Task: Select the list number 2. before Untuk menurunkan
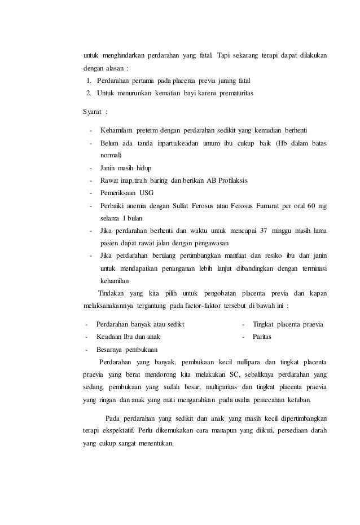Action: [89, 92]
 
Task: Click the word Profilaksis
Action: [228, 180]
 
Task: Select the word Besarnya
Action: [110, 349]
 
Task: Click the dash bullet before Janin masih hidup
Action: [91, 167]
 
